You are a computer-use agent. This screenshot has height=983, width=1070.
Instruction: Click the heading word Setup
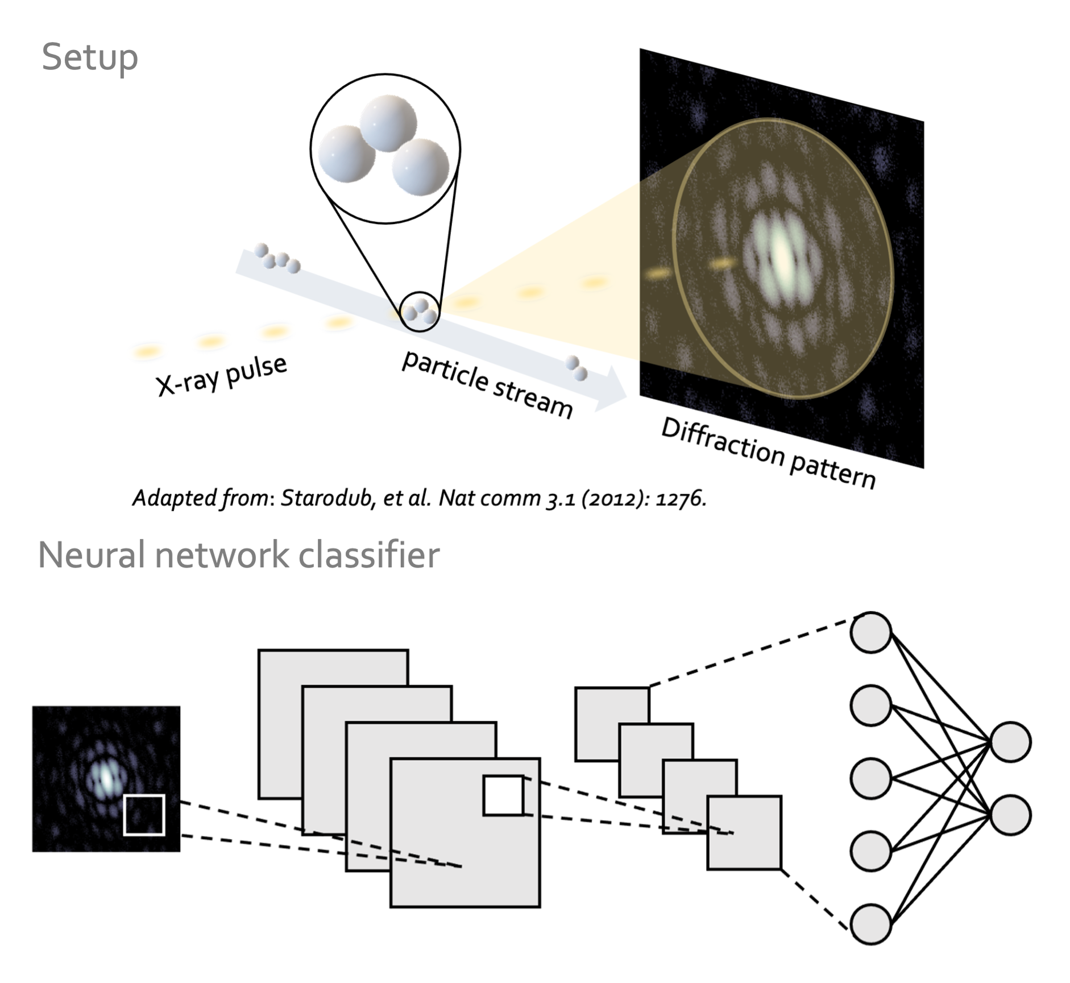[90, 57]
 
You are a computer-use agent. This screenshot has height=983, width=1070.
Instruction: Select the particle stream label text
[487, 385]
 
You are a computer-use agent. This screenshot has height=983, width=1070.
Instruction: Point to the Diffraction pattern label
[768, 453]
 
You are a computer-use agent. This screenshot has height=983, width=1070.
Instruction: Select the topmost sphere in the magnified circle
[388, 123]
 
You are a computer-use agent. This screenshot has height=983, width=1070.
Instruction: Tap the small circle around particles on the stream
[420, 312]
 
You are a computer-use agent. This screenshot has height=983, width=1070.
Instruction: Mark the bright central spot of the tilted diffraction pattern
[782, 253]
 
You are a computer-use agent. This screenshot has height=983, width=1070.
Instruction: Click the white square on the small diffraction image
[144, 815]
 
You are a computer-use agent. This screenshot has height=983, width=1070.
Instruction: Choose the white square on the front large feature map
[503, 795]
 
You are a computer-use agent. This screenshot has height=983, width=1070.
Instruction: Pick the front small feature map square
[744, 832]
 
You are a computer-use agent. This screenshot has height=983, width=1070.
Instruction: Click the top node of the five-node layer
[870, 632]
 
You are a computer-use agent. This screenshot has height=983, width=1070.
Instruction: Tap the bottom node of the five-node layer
[870, 924]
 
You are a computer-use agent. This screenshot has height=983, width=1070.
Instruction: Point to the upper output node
[1010, 741]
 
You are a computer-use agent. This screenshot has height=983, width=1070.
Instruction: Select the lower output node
[1010, 815]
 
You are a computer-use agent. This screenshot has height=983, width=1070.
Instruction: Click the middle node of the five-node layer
[870, 778]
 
